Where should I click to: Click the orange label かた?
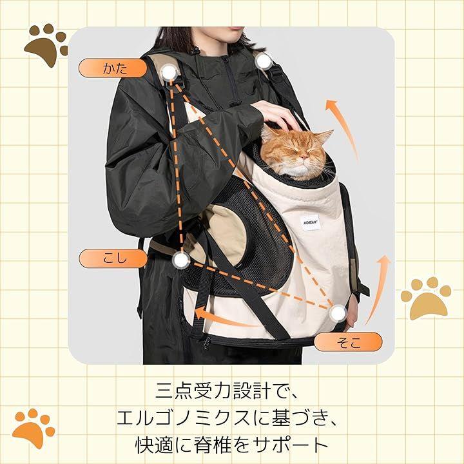[113, 68]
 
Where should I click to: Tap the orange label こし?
[113, 258]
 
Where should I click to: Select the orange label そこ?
[348, 342]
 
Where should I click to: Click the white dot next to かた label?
[169, 73]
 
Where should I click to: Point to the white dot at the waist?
[181, 260]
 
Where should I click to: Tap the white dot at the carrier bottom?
[338, 313]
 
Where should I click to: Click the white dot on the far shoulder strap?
[263, 61]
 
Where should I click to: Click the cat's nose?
[303, 156]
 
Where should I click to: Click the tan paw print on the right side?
[425, 298]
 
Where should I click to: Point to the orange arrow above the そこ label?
[380, 289]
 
